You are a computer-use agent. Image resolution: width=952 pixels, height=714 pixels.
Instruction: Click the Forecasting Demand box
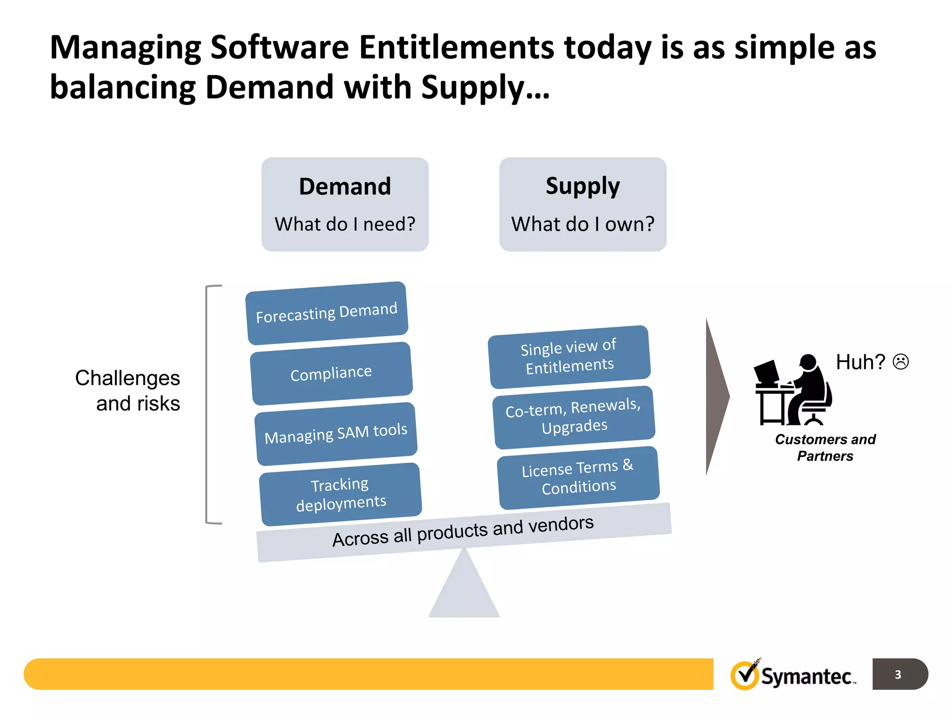click(327, 313)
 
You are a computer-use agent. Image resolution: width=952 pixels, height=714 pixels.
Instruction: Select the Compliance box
click(331, 373)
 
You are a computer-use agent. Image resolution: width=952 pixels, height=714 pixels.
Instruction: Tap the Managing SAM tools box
click(336, 434)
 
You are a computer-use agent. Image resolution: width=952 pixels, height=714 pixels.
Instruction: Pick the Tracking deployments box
click(341, 494)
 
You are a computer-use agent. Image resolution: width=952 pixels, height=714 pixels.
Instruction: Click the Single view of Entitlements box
click(569, 357)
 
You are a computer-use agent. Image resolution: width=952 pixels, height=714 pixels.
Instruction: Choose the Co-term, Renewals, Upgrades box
click(574, 417)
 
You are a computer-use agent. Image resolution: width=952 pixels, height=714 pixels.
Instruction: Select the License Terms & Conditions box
click(578, 477)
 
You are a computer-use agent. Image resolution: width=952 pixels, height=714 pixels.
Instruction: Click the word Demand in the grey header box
click(345, 187)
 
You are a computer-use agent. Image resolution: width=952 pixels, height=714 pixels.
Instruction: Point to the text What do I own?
click(582, 224)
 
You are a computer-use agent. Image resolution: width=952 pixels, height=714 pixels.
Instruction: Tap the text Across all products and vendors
click(463, 531)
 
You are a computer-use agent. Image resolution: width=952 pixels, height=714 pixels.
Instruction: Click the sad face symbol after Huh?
click(900, 362)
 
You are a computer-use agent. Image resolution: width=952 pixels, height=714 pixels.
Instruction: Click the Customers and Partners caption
click(825, 447)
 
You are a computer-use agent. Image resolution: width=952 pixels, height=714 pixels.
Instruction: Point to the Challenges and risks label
click(128, 390)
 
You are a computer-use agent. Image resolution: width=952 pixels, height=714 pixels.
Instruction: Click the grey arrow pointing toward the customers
click(716, 397)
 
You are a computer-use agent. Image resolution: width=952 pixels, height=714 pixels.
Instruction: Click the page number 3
click(898, 674)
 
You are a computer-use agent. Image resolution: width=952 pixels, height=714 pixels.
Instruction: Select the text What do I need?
click(345, 224)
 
